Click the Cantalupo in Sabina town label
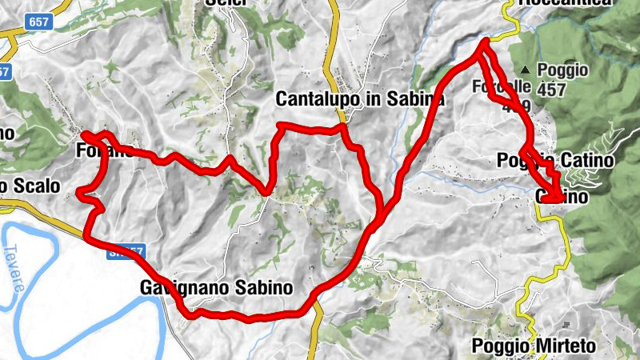coord(359,99)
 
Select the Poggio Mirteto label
coord(535,346)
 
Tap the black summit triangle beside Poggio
coord(525,70)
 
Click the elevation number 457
coord(552,90)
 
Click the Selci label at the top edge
coord(223,3)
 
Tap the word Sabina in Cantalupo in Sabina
coord(415,99)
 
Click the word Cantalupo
coord(314,99)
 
